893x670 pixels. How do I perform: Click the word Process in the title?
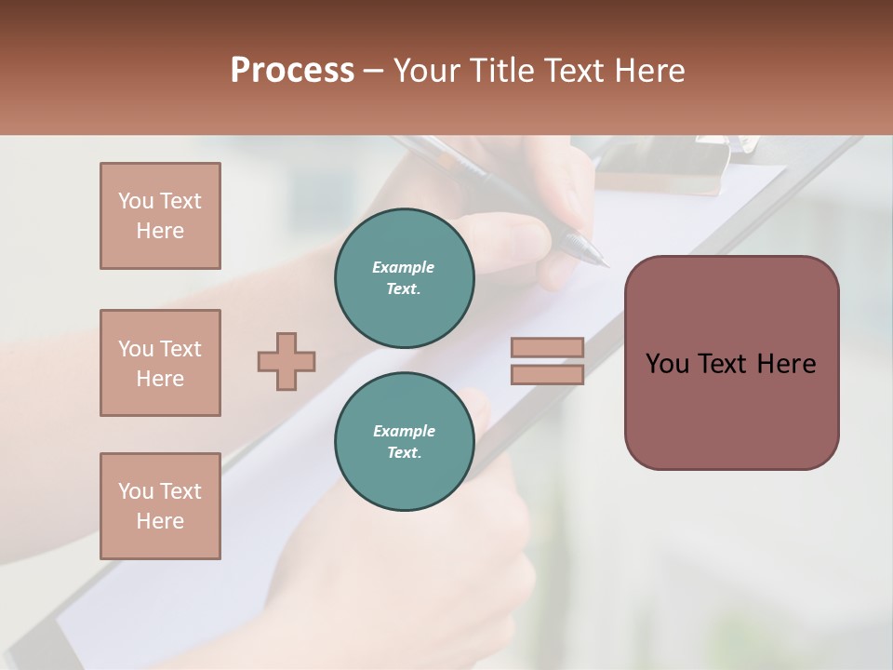point(292,71)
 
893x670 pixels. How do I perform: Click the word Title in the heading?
point(500,71)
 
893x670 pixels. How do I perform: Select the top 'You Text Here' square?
point(160,216)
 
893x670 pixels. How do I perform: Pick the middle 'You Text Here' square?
point(160,363)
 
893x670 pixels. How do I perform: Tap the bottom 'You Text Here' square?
point(160,506)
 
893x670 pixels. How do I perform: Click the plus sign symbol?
point(287,361)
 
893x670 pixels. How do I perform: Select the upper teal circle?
point(405,278)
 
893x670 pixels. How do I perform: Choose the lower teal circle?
point(405,442)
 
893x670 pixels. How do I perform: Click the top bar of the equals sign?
point(547,347)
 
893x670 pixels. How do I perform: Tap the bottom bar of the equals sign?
point(547,375)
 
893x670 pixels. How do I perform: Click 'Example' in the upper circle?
point(404,267)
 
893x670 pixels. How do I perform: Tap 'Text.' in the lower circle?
point(404,452)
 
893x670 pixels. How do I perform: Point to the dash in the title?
point(373,71)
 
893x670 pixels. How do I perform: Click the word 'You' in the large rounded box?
point(667,364)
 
